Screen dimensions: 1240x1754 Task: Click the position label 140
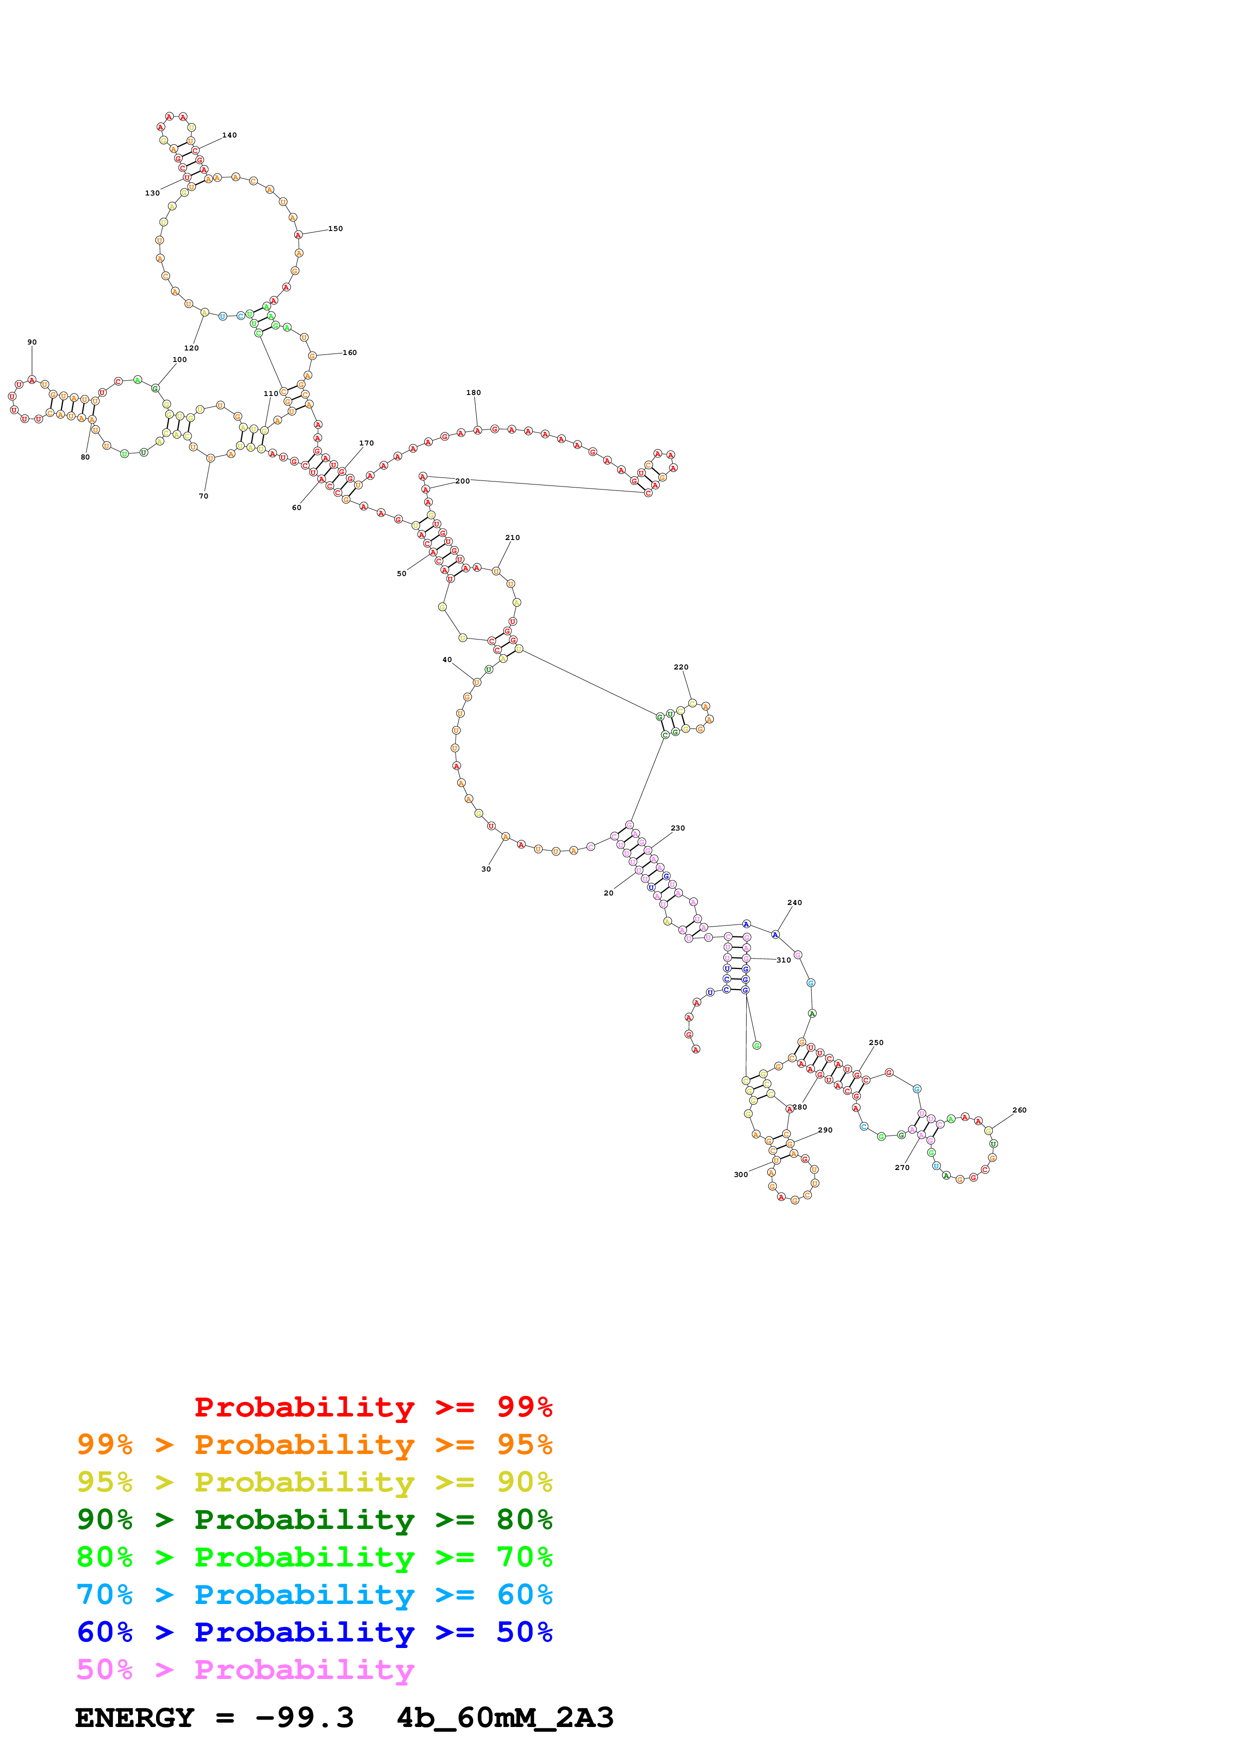click(229, 135)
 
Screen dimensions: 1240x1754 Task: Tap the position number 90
click(32, 342)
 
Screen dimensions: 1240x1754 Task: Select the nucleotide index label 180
click(474, 392)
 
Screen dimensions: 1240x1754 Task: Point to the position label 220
click(681, 667)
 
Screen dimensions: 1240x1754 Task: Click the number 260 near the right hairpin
click(1019, 1110)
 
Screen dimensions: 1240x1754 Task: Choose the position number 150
click(336, 228)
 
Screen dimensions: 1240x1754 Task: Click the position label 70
click(203, 496)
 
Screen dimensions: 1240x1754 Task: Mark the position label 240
click(795, 902)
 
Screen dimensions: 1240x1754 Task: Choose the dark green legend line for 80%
click(314, 1519)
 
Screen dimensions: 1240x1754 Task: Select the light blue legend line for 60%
click(314, 1594)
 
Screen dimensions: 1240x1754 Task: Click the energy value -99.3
click(304, 1717)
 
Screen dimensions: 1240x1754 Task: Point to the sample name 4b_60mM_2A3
click(505, 1717)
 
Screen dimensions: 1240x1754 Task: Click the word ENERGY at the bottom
click(135, 1717)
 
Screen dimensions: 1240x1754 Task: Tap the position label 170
click(367, 443)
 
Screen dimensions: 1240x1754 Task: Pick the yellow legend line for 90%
click(314, 1482)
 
